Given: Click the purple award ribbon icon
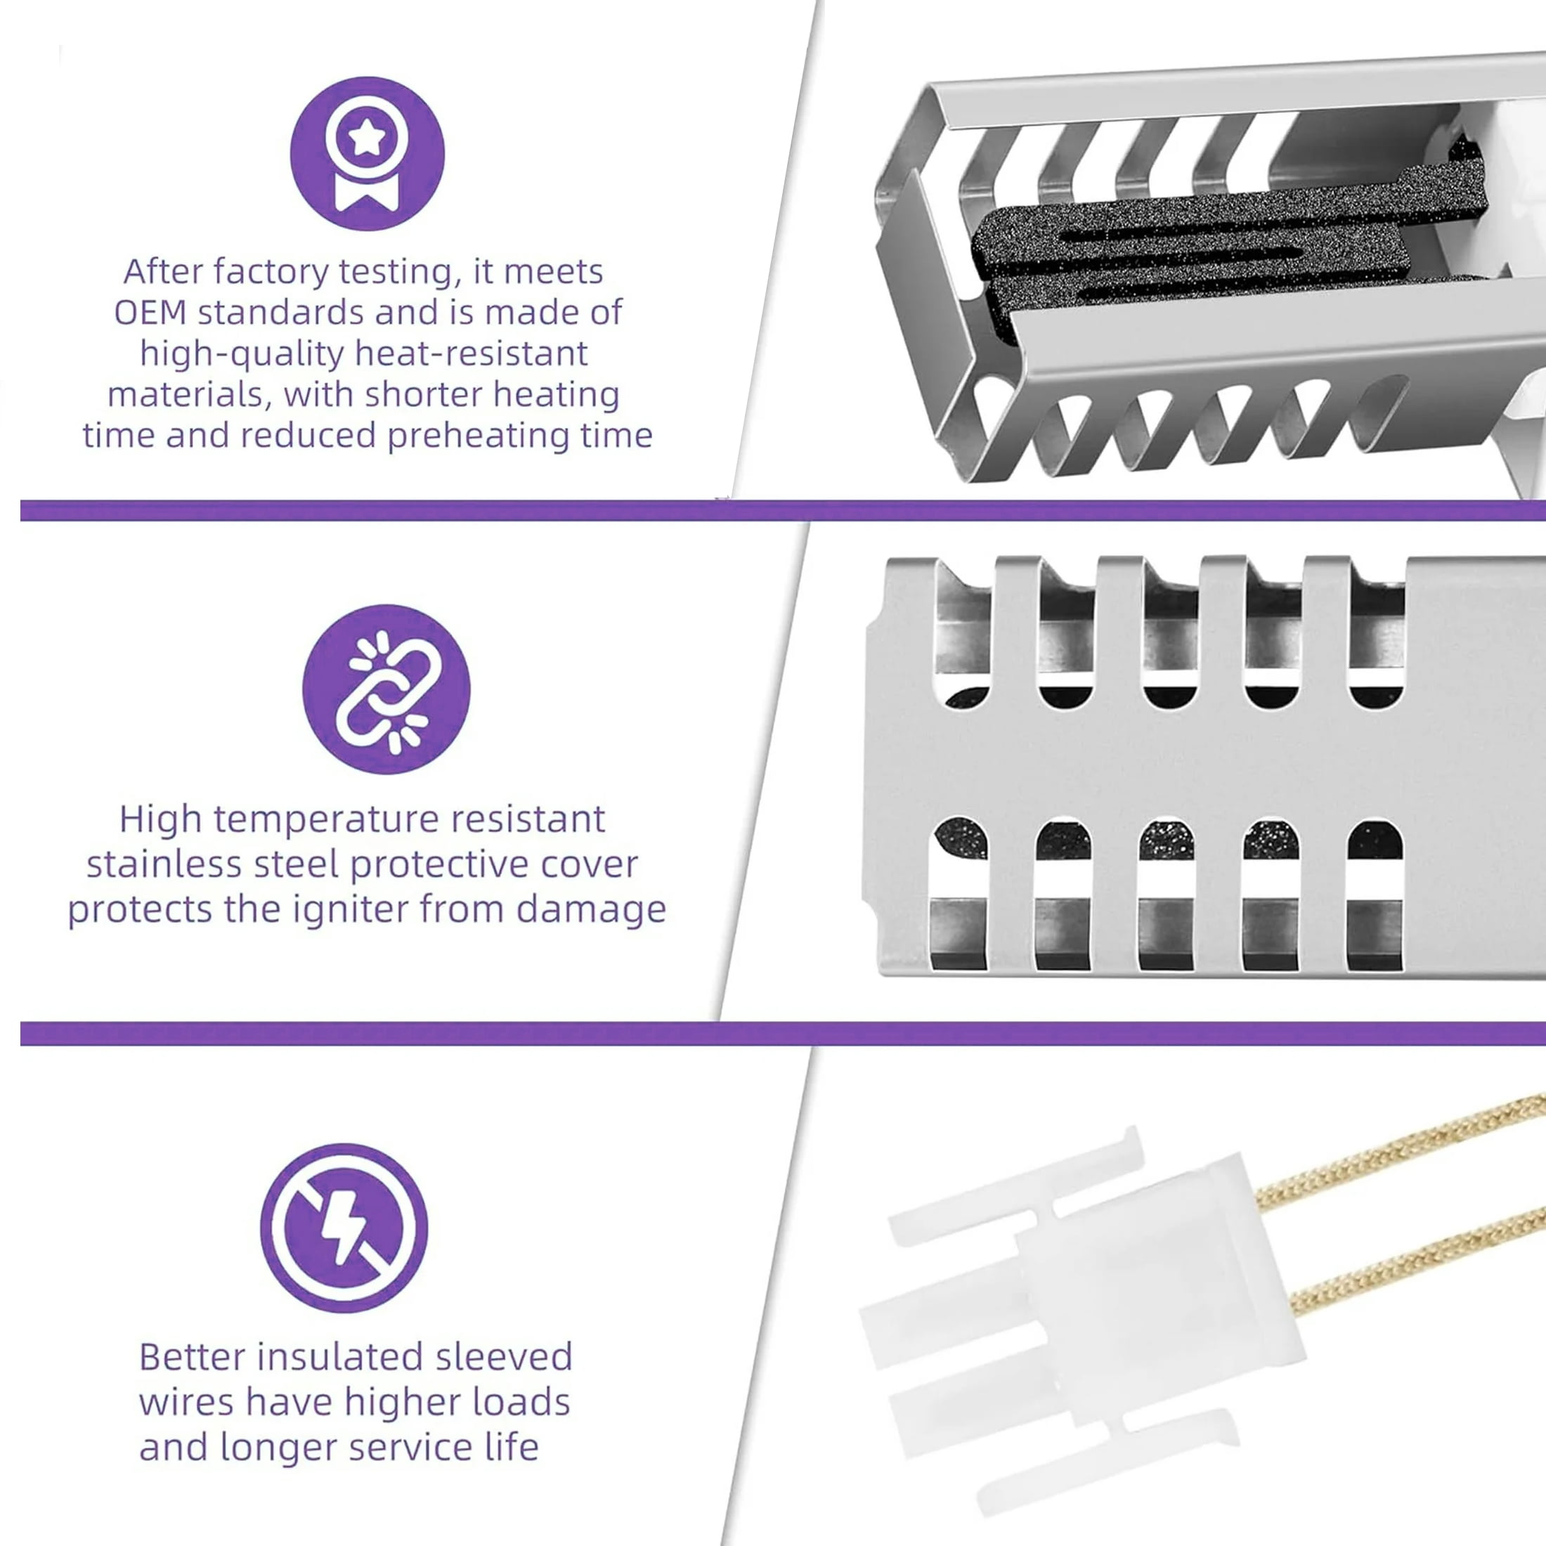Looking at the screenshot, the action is click(x=368, y=154).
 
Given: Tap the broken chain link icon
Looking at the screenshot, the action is click(x=386, y=689).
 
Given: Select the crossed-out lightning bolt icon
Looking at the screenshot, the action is click(x=344, y=1228).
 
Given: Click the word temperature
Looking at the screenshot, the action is click(x=321, y=820).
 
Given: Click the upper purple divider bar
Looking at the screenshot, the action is click(x=783, y=509).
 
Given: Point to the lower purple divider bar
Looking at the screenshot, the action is click(x=783, y=1032).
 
